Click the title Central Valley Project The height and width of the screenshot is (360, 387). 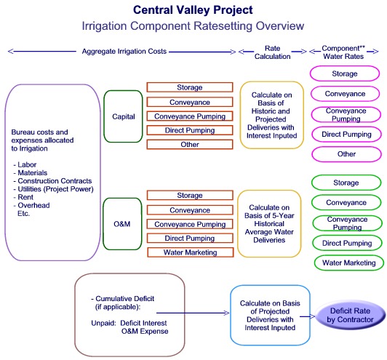pos(193,10)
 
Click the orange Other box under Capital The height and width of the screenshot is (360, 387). pos(189,144)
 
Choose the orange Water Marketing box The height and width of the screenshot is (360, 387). pos(190,252)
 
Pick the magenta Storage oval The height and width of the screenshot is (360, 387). pos(344,74)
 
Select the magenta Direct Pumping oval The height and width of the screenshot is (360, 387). pos(346,135)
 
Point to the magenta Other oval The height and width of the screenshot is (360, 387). pos(346,154)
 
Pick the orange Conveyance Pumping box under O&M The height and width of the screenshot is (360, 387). pos(190,224)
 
